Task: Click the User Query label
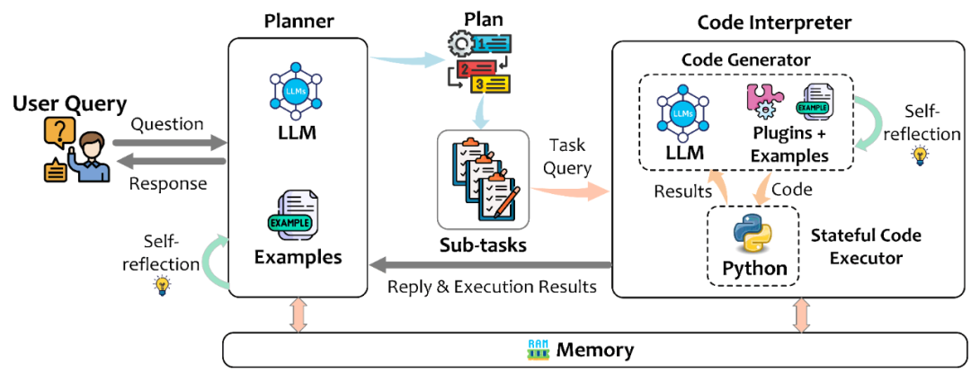pos(70,104)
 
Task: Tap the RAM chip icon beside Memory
pos(538,350)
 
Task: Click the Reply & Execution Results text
pos(491,288)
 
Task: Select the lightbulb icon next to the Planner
pos(163,286)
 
